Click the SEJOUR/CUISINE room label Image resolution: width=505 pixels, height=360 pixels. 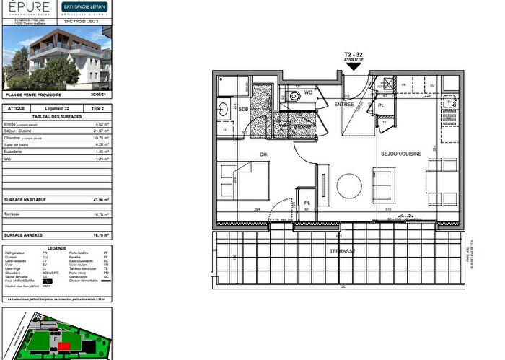click(x=400, y=154)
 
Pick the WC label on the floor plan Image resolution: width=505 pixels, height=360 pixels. click(x=307, y=92)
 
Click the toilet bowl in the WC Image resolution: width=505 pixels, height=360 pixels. click(x=293, y=96)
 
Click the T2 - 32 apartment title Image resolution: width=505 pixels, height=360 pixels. click(x=353, y=55)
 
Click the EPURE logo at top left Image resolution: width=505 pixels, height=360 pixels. click(x=29, y=9)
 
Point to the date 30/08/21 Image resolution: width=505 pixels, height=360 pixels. click(x=99, y=95)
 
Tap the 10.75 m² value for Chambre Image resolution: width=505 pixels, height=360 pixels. click(x=101, y=138)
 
